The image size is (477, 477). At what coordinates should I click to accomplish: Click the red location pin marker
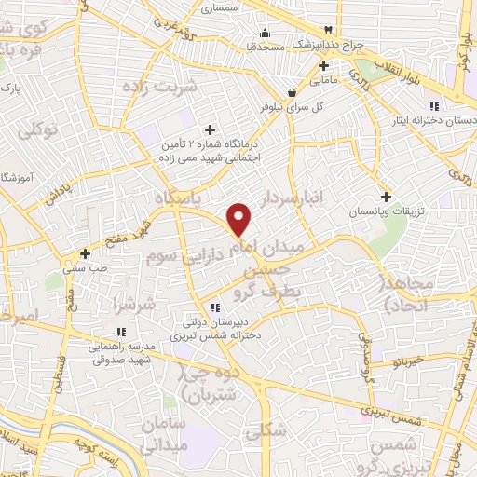pos(240,219)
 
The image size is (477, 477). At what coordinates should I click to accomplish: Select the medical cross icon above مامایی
pos(323,65)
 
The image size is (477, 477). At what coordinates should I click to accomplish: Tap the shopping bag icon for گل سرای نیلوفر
pos(293,92)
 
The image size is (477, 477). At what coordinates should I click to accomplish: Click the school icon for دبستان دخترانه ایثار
pos(434,106)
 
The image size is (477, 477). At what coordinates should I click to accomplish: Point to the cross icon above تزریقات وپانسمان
pos(386,197)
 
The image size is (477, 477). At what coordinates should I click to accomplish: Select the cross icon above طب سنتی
pos(85,252)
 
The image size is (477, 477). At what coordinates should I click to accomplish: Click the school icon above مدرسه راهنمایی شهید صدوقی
pos(120,332)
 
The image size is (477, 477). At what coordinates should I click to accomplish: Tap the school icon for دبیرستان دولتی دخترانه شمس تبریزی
pos(215,307)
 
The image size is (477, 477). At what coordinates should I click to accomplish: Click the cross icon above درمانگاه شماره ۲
pos(210,129)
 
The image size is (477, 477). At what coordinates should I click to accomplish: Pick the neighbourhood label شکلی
pos(264,432)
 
